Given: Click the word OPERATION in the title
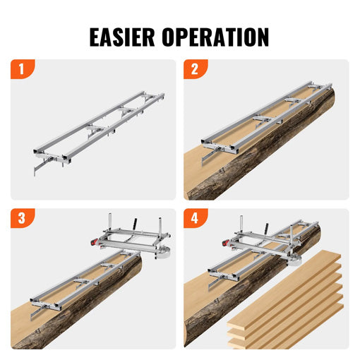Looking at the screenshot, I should (218, 37).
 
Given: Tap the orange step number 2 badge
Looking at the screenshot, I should (194, 70).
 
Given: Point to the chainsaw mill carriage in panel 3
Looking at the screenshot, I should (131, 233).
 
